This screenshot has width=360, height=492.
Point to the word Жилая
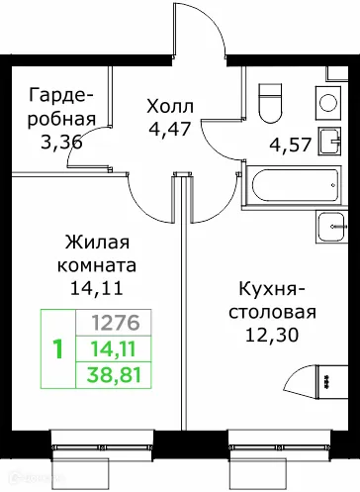pos(97,244)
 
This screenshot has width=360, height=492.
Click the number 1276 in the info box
pos(115,322)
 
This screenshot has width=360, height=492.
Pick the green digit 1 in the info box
pos(58,348)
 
